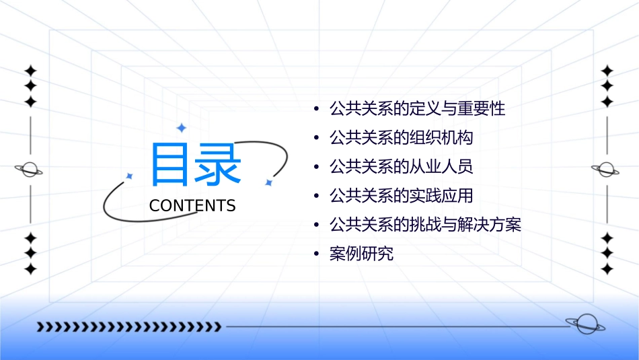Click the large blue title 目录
pos(196,165)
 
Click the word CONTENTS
pos(192,206)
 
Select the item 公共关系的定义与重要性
pos(417,108)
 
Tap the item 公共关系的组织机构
pos(401,138)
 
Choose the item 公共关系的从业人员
pos(401,167)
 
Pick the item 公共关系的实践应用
pos(401,196)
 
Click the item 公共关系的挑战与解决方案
pos(425,225)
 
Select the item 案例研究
pos(361,254)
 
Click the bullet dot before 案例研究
pos(316,254)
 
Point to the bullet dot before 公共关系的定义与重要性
pos(316,109)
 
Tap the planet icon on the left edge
pos(30,170)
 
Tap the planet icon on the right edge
pos(606,170)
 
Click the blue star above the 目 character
pos(181,127)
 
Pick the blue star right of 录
pos(268,182)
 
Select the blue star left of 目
pos(130,176)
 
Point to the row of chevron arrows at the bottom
pos(128,327)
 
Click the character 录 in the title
pos(219,165)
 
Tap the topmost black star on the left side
pos(30,70)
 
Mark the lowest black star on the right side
pos(607,269)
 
